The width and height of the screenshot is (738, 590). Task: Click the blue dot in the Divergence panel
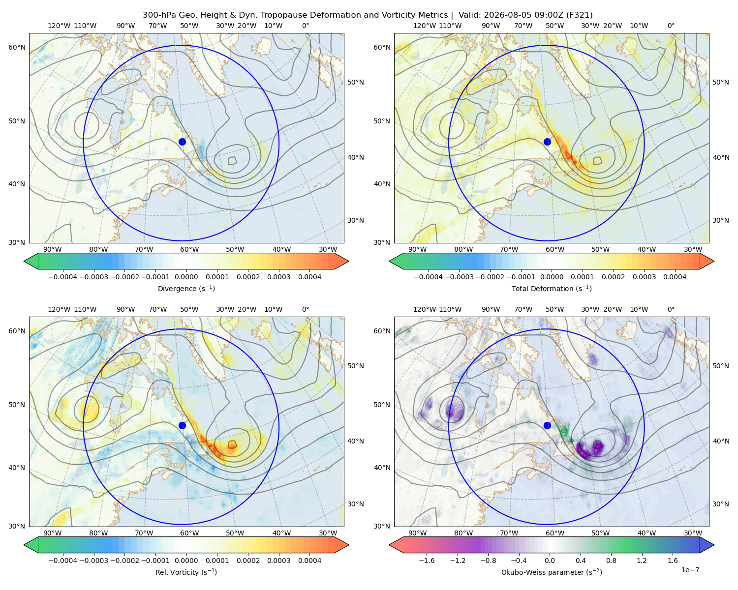click(182, 142)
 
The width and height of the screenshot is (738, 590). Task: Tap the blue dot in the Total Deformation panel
click(547, 142)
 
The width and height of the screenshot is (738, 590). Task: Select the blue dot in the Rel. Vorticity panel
click(182, 425)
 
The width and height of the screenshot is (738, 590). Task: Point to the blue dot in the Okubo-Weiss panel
click(547, 425)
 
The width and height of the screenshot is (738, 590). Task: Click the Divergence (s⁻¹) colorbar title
click(186, 288)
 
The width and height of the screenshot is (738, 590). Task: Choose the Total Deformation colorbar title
click(552, 288)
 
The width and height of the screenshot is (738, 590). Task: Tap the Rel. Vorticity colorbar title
click(186, 572)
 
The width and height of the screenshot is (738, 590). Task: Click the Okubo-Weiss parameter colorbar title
click(552, 572)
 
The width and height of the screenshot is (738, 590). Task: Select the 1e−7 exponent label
click(690, 570)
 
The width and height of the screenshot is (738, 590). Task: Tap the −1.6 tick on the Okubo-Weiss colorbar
click(427, 560)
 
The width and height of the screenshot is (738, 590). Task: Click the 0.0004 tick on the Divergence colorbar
click(309, 277)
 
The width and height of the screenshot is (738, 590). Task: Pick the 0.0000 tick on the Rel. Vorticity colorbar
click(186, 560)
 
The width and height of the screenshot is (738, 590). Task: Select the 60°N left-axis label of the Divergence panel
click(17, 47)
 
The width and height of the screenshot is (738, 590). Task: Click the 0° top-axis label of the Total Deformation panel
click(671, 26)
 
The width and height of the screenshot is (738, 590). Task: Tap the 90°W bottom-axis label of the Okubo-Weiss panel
click(417, 533)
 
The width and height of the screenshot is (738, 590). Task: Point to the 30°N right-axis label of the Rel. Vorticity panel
click(356, 504)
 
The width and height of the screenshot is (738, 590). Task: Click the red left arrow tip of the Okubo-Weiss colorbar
click(390, 545)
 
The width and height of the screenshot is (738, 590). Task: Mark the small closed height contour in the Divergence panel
click(232, 160)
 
